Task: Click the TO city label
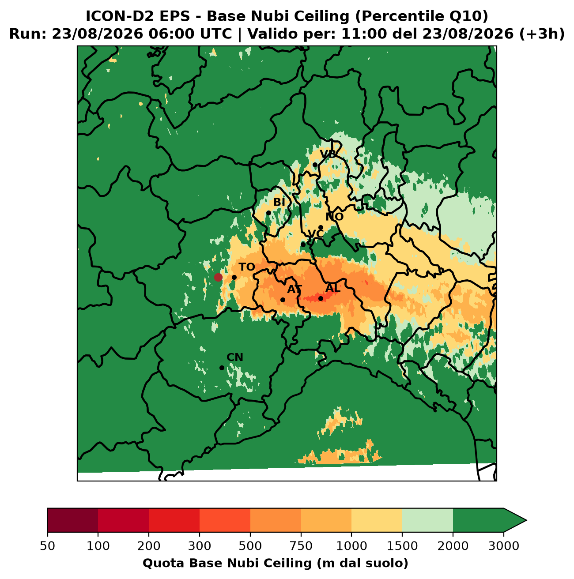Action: (x=246, y=267)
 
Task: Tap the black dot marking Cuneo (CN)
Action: (x=222, y=368)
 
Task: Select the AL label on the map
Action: (x=332, y=288)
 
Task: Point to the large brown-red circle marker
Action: (x=218, y=277)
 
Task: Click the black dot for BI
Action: (x=268, y=213)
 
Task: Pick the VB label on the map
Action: (x=328, y=154)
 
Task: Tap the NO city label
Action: (x=334, y=217)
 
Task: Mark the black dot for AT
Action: (x=283, y=300)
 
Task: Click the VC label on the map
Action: (x=316, y=234)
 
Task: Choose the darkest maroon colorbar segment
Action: (x=73, y=520)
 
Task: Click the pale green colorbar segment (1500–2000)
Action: (x=427, y=520)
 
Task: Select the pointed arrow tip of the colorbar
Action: (x=526, y=520)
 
